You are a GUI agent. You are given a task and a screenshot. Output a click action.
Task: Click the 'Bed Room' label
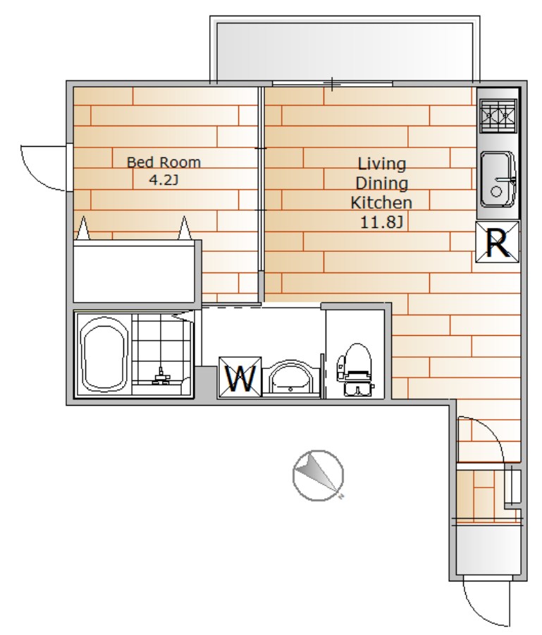(x=164, y=162)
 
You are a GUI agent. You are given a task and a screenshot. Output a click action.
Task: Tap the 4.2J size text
(x=164, y=180)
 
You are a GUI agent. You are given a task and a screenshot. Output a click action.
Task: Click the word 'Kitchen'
(x=381, y=202)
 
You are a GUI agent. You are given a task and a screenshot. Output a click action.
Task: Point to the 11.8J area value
(x=381, y=222)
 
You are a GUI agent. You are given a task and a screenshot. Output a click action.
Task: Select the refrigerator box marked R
(x=497, y=242)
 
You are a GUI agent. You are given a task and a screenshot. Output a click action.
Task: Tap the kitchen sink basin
(x=498, y=179)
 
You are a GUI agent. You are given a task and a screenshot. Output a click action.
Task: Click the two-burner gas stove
(x=498, y=116)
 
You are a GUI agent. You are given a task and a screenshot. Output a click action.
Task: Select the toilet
(x=355, y=369)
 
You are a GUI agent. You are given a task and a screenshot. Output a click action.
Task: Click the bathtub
(x=104, y=355)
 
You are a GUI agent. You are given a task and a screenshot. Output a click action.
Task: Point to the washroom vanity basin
(x=291, y=378)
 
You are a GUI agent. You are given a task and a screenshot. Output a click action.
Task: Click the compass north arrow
(x=318, y=475)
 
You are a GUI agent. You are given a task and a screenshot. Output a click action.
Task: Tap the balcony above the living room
(x=345, y=51)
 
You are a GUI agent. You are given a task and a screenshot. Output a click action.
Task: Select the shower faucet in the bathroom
(x=161, y=377)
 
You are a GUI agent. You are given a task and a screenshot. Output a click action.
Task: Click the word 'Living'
(x=382, y=164)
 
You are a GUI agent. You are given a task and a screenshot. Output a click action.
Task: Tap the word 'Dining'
(x=381, y=183)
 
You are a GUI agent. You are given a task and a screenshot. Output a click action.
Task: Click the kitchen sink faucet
(x=507, y=179)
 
